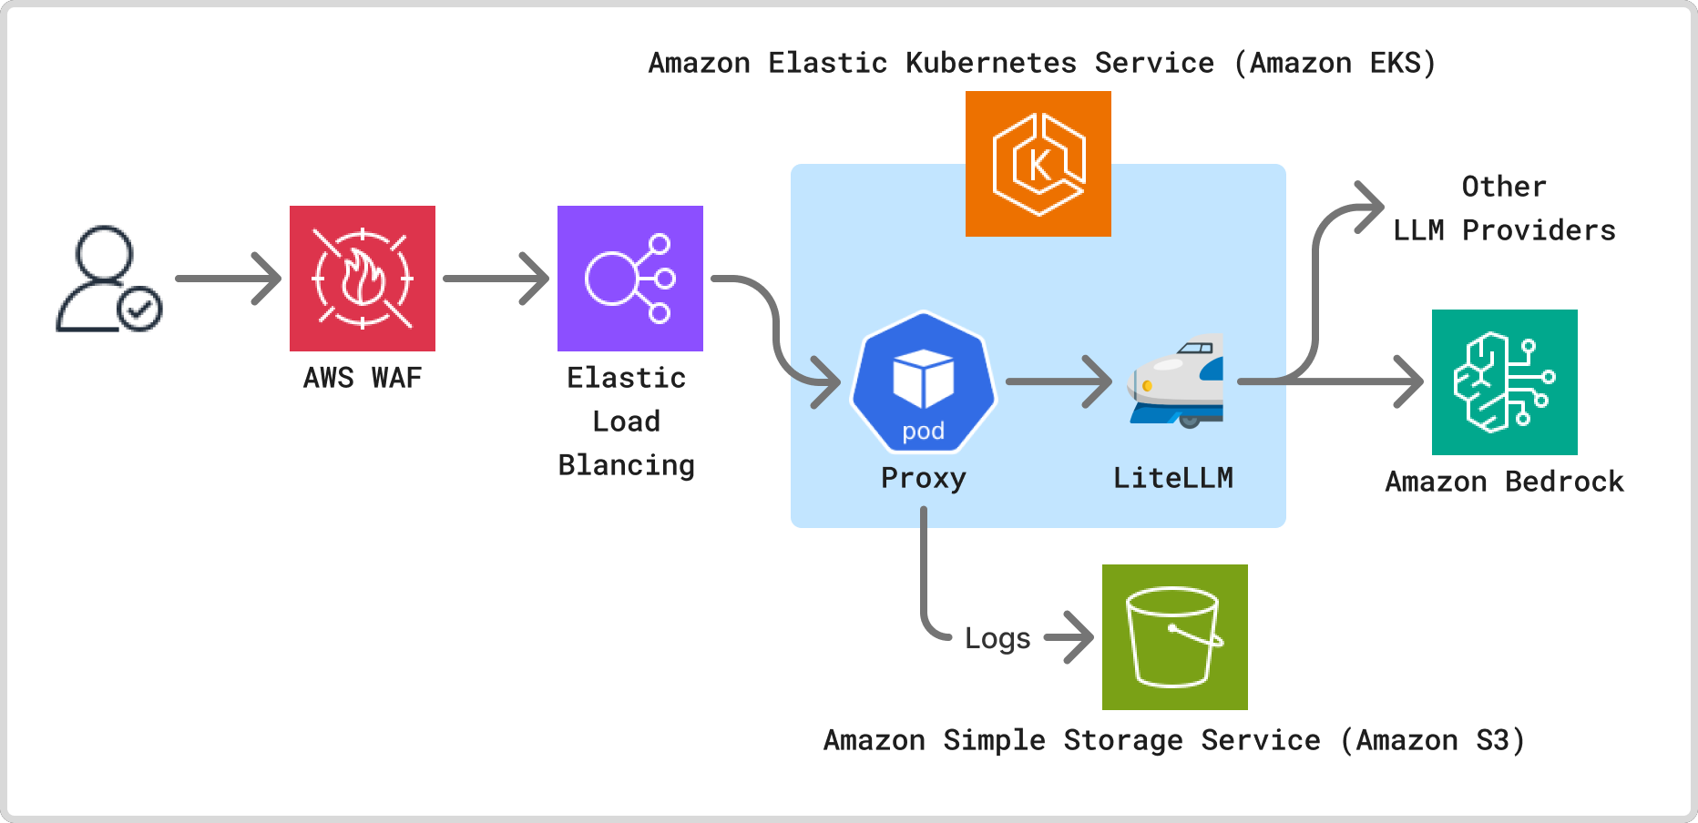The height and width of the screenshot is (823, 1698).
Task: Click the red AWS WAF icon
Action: point(363,279)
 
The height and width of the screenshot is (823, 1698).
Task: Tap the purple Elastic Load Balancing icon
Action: point(630,279)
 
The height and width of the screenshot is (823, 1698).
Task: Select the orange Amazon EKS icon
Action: point(1038,164)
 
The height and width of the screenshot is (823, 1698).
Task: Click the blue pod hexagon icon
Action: point(924,382)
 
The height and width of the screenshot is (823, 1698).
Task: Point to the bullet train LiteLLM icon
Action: point(1175,382)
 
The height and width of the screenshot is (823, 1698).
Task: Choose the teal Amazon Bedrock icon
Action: point(1505,382)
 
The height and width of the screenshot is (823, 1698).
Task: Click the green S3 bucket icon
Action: point(1175,637)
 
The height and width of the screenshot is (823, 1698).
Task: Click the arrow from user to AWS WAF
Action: point(228,279)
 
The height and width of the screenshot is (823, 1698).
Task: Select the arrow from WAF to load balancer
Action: point(496,279)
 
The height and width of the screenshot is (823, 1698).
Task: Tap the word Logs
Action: point(997,638)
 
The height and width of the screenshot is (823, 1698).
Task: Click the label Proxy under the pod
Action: point(924,479)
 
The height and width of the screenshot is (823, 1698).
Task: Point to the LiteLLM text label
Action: point(1173,479)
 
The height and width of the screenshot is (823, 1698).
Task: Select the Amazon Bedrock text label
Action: point(1505,482)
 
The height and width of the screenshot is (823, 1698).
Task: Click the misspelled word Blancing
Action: point(627,465)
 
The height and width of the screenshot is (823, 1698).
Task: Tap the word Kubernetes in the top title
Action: point(991,63)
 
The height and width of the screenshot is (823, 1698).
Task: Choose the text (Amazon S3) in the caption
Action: point(1432,740)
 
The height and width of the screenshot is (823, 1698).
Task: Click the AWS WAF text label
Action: point(363,378)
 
